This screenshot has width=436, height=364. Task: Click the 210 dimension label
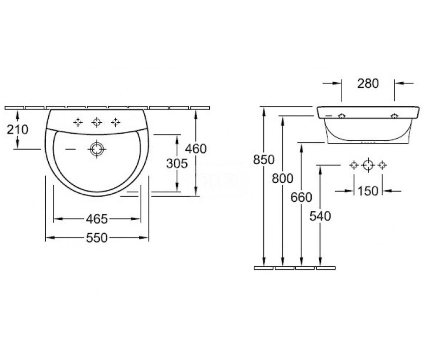pyautogui.click(x=17, y=130)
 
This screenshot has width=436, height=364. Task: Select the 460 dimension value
pyautogui.click(x=196, y=149)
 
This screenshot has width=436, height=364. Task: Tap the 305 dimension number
pyautogui.click(x=177, y=163)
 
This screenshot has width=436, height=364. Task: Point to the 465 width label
pyautogui.click(x=97, y=219)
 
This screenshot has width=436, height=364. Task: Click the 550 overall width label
pyautogui.click(x=97, y=238)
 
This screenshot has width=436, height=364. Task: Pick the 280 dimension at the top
pyautogui.click(x=368, y=83)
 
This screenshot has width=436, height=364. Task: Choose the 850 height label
pyautogui.click(x=264, y=160)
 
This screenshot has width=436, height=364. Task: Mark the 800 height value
pyautogui.click(x=283, y=178)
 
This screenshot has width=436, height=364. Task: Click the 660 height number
pyautogui.click(x=301, y=197)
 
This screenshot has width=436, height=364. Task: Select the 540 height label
pyautogui.click(x=320, y=216)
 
